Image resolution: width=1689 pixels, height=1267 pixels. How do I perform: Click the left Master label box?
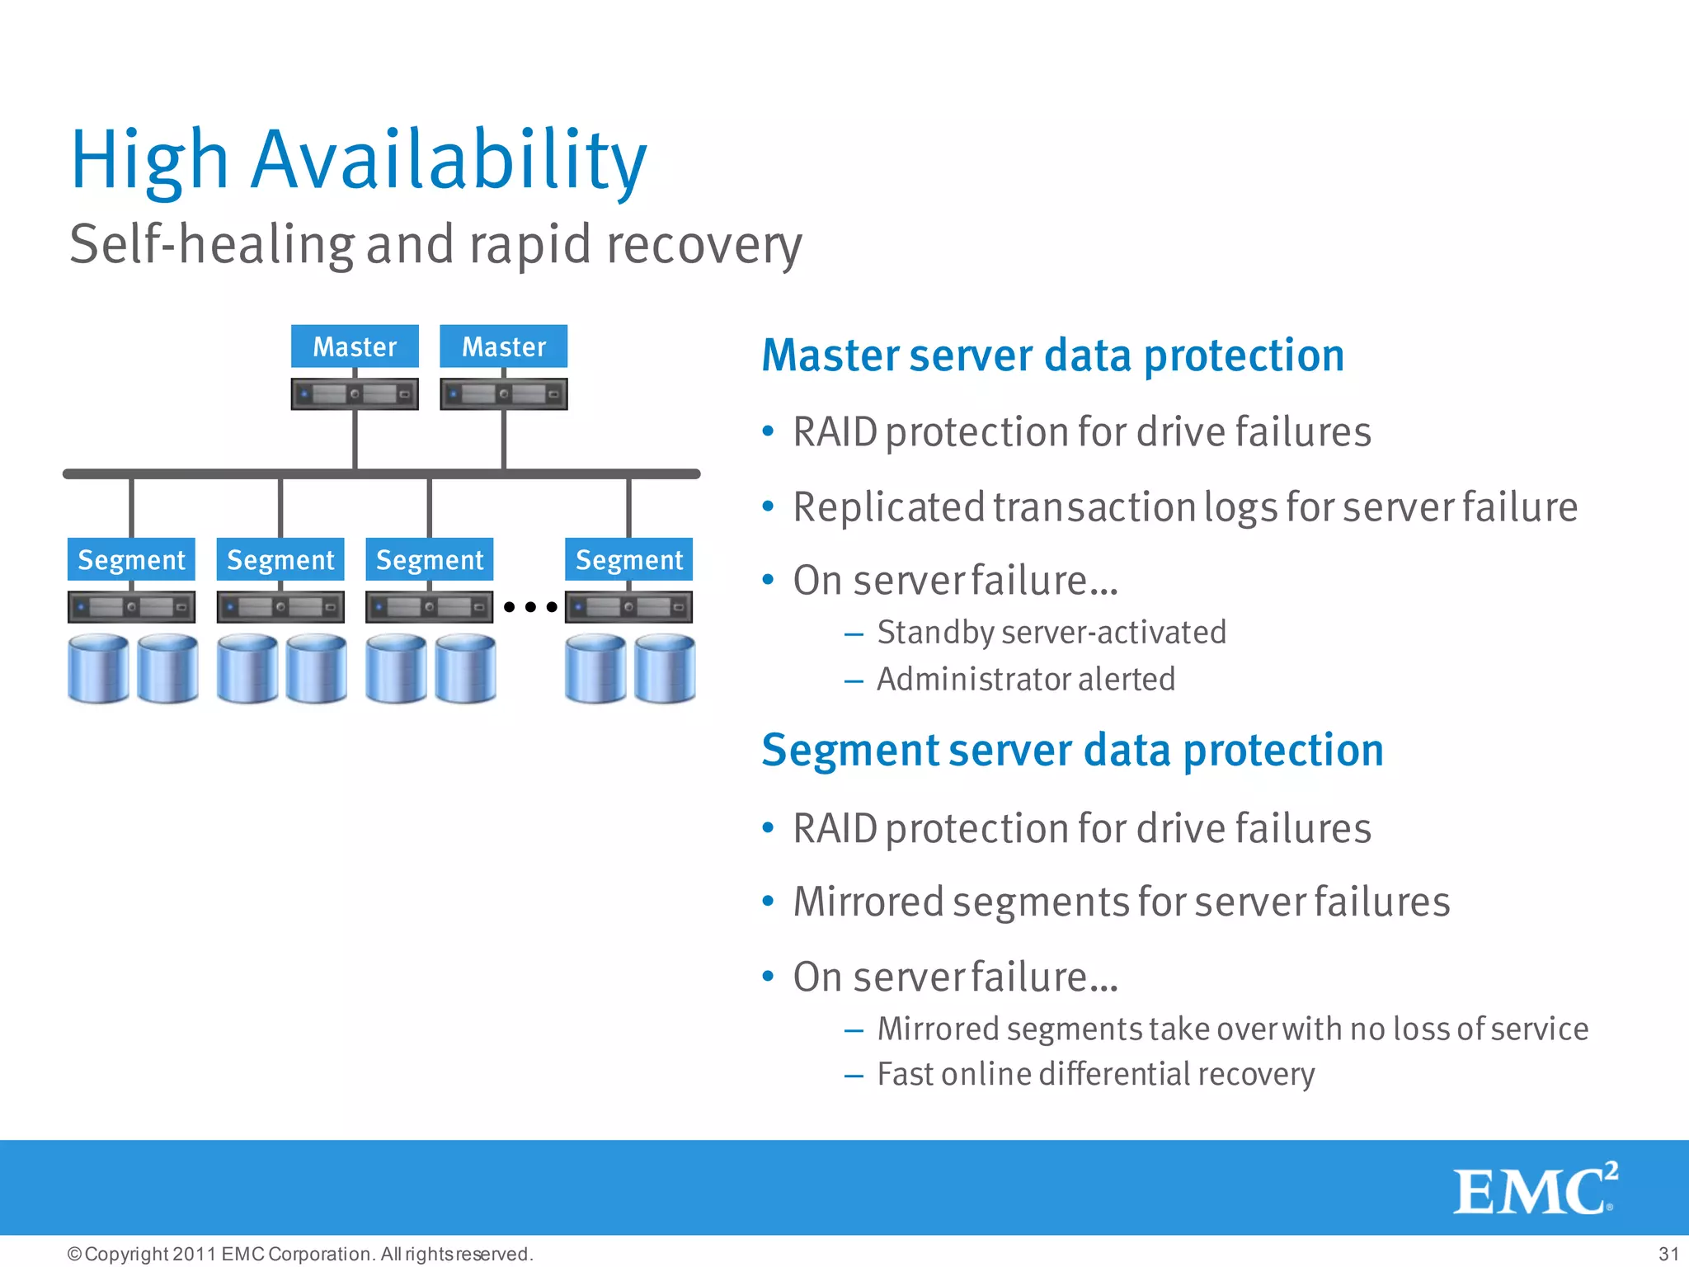click(355, 346)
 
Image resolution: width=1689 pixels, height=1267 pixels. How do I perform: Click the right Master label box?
click(503, 346)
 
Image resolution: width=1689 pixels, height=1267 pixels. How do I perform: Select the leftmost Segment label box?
click(131, 560)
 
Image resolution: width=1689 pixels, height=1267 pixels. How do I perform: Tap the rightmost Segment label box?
click(628, 560)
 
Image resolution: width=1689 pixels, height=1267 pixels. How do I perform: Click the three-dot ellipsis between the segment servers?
click(530, 607)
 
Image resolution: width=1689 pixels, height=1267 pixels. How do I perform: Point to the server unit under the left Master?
click(355, 394)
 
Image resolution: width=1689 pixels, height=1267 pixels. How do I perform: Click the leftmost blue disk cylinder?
click(98, 668)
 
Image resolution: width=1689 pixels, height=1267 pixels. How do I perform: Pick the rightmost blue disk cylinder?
click(665, 668)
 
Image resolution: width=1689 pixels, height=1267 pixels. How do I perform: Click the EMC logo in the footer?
click(1534, 1189)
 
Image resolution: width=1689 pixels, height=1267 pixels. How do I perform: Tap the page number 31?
click(1668, 1254)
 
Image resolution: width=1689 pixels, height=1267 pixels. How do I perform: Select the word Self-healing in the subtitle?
click(212, 245)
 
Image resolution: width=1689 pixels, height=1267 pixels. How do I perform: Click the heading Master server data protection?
click(1052, 356)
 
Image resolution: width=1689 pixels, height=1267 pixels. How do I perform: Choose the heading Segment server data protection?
click(1072, 751)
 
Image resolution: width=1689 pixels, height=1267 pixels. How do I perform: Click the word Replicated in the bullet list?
click(888, 506)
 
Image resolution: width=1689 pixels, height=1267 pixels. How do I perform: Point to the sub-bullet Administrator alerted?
click(1025, 680)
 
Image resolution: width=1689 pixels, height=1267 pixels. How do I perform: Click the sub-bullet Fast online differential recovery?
click(1095, 1074)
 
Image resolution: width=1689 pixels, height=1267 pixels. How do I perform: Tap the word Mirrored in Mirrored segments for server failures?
click(868, 902)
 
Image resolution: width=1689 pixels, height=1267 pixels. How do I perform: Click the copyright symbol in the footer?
click(74, 1254)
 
